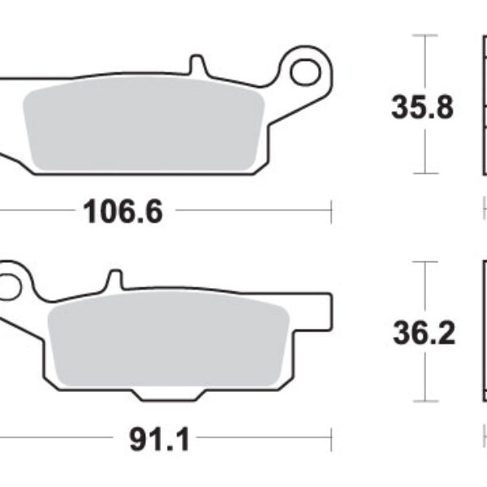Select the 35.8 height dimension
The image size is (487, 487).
422,108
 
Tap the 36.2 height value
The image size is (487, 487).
422,334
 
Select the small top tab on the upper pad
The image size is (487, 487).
196,65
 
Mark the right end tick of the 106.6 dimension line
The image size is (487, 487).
331,212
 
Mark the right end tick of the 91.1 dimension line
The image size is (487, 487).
331,441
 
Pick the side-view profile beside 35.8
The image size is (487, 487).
481,106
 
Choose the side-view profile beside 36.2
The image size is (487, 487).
481,333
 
